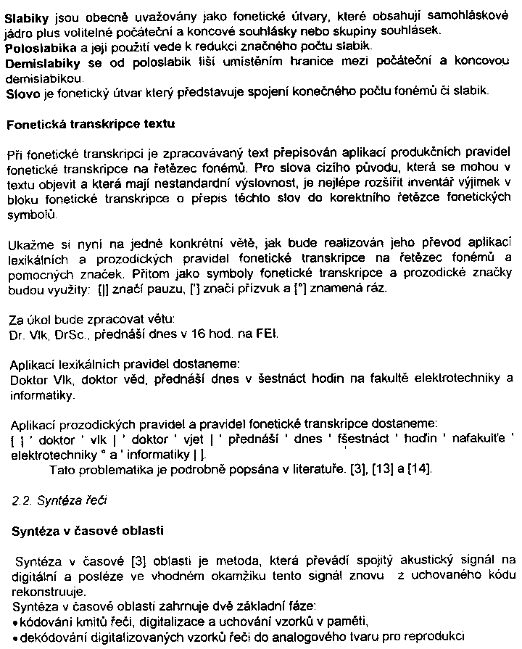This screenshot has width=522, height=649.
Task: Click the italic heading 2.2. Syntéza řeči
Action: pos(55,500)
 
